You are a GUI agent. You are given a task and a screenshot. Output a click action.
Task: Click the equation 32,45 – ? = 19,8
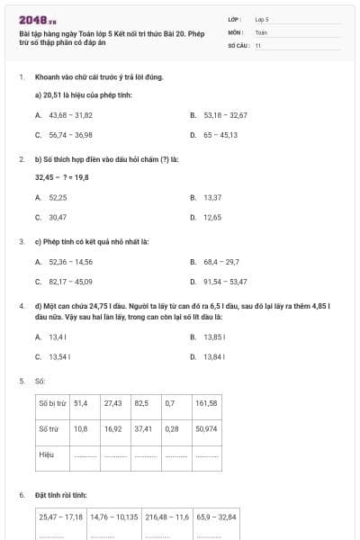point(61,177)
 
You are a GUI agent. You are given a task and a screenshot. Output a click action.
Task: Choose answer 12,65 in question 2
point(212,217)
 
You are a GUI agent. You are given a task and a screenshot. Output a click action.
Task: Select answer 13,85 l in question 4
point(212,337)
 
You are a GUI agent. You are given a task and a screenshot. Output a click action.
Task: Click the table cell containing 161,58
point(207,403)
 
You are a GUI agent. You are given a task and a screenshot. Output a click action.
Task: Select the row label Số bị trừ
point(53,403)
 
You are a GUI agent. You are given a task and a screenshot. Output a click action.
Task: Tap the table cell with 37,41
point(143,429)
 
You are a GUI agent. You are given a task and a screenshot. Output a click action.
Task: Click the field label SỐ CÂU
point(238,44)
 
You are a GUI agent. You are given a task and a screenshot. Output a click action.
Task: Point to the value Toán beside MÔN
point(262,31)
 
